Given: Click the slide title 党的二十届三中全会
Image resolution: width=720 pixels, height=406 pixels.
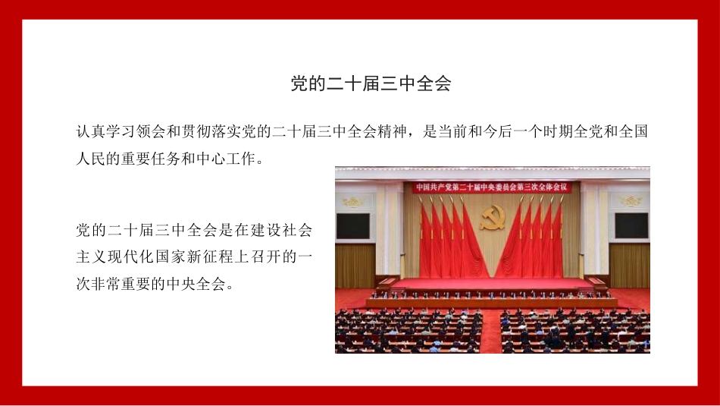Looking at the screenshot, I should coord(371,83).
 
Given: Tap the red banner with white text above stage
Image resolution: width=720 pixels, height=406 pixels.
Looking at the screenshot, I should coord(492,187).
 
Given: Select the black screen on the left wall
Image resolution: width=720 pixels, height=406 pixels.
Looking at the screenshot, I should coord(353,225).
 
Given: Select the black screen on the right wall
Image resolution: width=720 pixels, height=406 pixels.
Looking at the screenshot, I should coord(631,225).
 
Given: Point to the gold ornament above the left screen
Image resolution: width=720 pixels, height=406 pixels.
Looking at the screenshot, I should coord(353,202).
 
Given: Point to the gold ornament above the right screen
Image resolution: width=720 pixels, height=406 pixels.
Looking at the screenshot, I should coord(631,201).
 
